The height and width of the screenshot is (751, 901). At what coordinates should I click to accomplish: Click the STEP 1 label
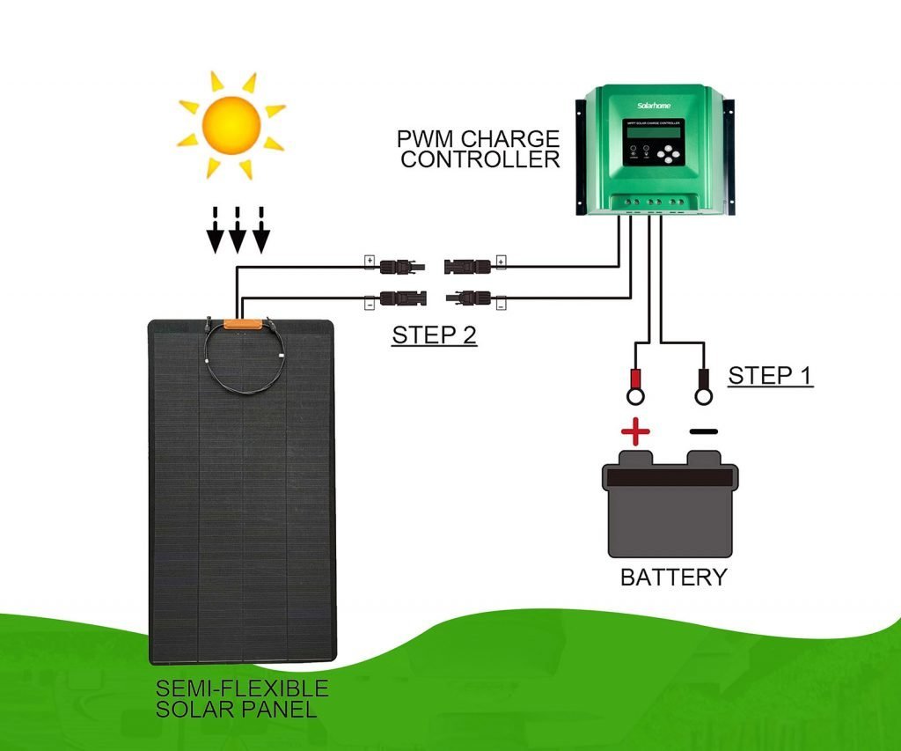770,375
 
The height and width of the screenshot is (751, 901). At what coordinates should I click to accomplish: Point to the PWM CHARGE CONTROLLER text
479,149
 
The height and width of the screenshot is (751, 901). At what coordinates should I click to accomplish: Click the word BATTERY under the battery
673,578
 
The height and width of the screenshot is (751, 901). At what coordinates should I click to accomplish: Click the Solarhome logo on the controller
654,104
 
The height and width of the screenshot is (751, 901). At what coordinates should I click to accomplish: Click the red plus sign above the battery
634,432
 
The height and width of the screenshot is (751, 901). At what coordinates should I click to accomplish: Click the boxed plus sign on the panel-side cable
370,261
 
